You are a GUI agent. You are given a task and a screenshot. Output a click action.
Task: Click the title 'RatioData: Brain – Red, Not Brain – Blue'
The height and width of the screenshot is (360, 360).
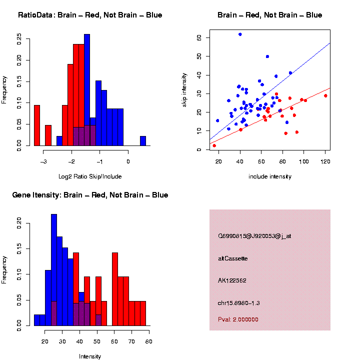(x=90, y=15)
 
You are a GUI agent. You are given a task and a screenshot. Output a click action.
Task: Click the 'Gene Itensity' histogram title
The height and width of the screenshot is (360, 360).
(x=90, y=195)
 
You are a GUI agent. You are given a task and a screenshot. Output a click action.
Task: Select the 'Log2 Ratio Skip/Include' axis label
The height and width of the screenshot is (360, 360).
(x=90, y=176)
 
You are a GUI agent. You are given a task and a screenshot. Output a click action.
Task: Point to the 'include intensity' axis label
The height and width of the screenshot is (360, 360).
(x=270, y=176)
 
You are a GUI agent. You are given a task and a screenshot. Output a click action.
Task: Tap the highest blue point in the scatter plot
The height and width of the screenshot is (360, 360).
(x=240, y=34)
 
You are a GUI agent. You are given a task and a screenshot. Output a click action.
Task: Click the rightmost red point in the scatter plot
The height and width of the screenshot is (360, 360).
(x=325, y=95)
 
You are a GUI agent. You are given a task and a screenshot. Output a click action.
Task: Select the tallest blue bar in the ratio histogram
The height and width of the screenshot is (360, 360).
(x=87, y=90)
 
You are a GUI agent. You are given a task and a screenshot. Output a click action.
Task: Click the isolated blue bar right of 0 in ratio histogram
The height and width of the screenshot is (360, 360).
(x=143, y=141)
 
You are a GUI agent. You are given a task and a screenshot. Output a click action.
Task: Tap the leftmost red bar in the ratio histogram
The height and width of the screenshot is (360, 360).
(x=36, y=125)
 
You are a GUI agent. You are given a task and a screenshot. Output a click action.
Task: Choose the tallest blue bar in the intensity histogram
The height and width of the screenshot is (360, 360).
(x=54, y=270)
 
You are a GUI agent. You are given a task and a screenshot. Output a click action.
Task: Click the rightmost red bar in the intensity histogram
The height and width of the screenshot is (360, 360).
(x=143, y=313)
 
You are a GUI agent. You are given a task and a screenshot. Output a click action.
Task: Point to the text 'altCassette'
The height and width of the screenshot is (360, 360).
(x=233, y=258)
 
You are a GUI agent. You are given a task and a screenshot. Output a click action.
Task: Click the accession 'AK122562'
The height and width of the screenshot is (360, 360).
(x=232, y=280)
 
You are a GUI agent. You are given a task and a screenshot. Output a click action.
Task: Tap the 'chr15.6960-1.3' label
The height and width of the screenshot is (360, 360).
(x=239, y=303)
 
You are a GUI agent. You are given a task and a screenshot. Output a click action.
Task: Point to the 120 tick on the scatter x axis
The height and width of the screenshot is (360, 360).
(x=325, y=161)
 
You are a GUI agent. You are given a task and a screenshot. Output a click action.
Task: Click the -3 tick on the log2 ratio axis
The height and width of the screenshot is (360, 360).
(x=43, y=161)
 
